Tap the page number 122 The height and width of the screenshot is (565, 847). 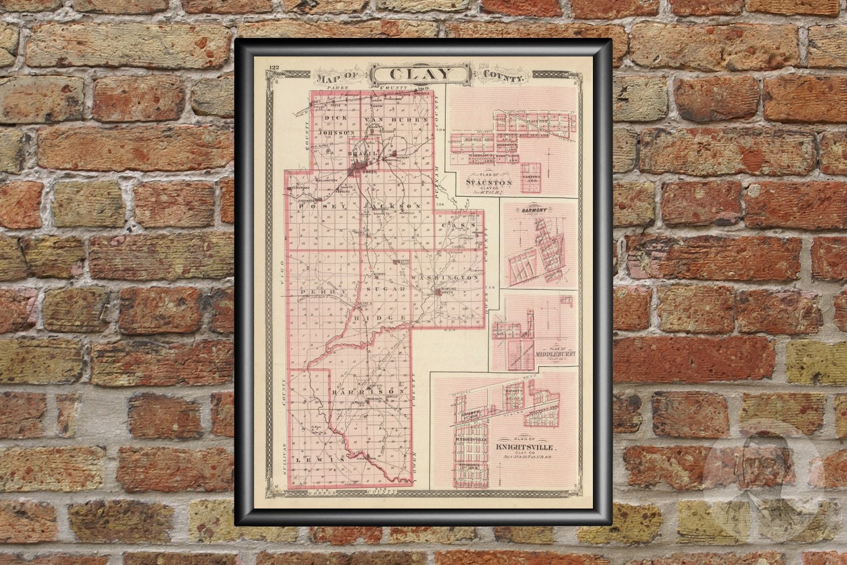(x=275, y=68)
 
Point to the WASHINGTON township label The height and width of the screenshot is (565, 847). (x=446, y=279)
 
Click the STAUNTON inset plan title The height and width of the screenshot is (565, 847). (x=489, y=182)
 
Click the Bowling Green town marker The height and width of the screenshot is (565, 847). (x=439, y=291)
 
